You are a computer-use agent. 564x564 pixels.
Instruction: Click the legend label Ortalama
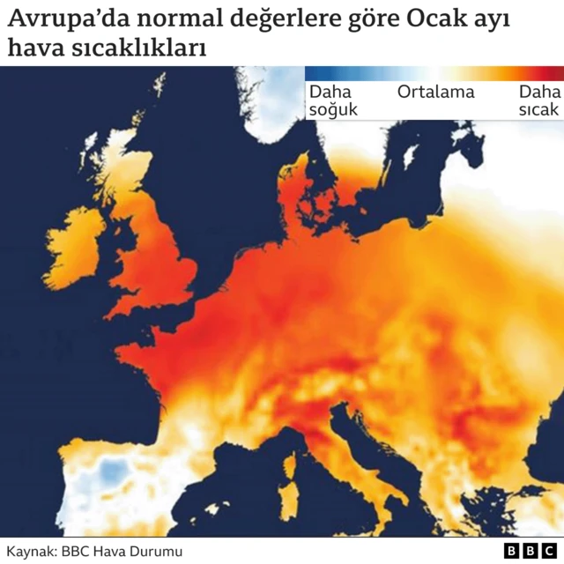(435, 92)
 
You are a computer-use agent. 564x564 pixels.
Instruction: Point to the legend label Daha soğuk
(330, 100)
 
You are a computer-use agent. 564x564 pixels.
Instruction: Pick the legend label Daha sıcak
(538, 100)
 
